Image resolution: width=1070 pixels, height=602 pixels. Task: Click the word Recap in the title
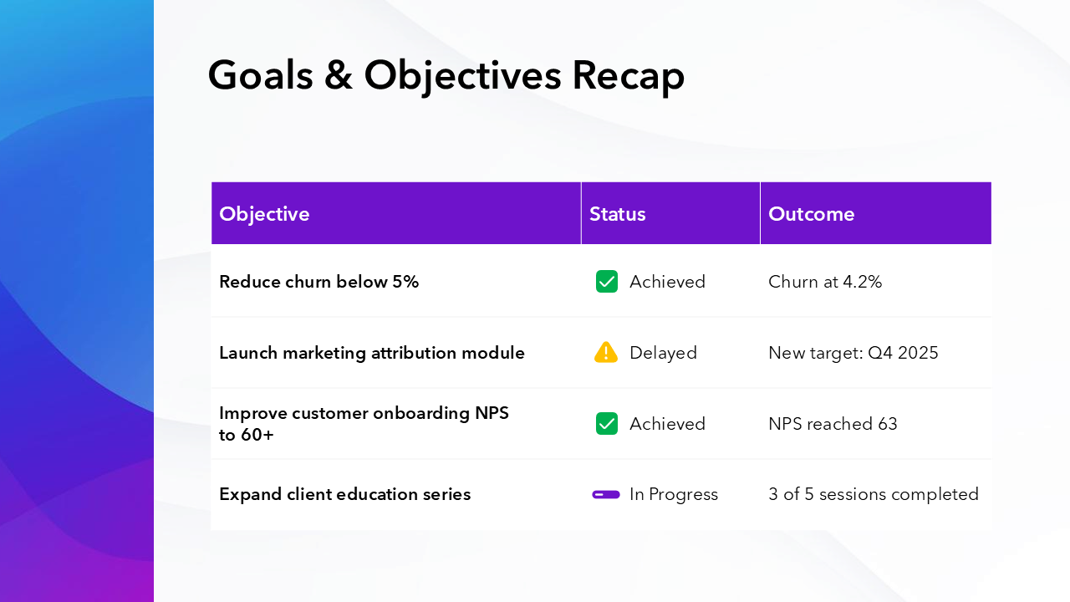[x=628, y=75]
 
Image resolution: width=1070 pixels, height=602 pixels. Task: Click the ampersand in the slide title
[x=338, y=75]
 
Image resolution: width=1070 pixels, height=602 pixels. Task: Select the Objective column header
[x=264, y=214]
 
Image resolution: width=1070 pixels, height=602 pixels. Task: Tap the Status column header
[x=617, y=214]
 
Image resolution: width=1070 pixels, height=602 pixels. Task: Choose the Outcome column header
[x=811, y=214]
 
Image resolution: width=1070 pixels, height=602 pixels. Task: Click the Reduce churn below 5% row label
[x=318, y=282]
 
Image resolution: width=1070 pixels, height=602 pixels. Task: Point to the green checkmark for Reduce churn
[x=607, y=282]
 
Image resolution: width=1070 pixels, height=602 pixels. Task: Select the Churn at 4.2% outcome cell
[x=825, y=282]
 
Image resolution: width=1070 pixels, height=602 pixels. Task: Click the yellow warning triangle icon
[x=606, y=352]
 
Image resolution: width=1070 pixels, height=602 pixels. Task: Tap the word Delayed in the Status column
[x=663, y=353]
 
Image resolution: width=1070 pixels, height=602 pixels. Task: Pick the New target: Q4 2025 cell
[x=853, y=353]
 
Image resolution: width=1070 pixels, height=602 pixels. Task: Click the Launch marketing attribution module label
[x=372, y=353]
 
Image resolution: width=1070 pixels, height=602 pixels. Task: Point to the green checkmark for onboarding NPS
[x=607, y=424]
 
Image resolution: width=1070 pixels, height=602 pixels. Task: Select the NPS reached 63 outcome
[x=833, y=424]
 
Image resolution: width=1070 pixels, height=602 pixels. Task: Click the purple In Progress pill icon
[x=606, y=494]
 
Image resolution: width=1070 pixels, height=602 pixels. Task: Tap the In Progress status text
[x=673, y=494]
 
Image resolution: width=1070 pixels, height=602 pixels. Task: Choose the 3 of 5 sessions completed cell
[x=873, y=494]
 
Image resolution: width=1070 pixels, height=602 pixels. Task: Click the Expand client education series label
[x=344, y=494]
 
